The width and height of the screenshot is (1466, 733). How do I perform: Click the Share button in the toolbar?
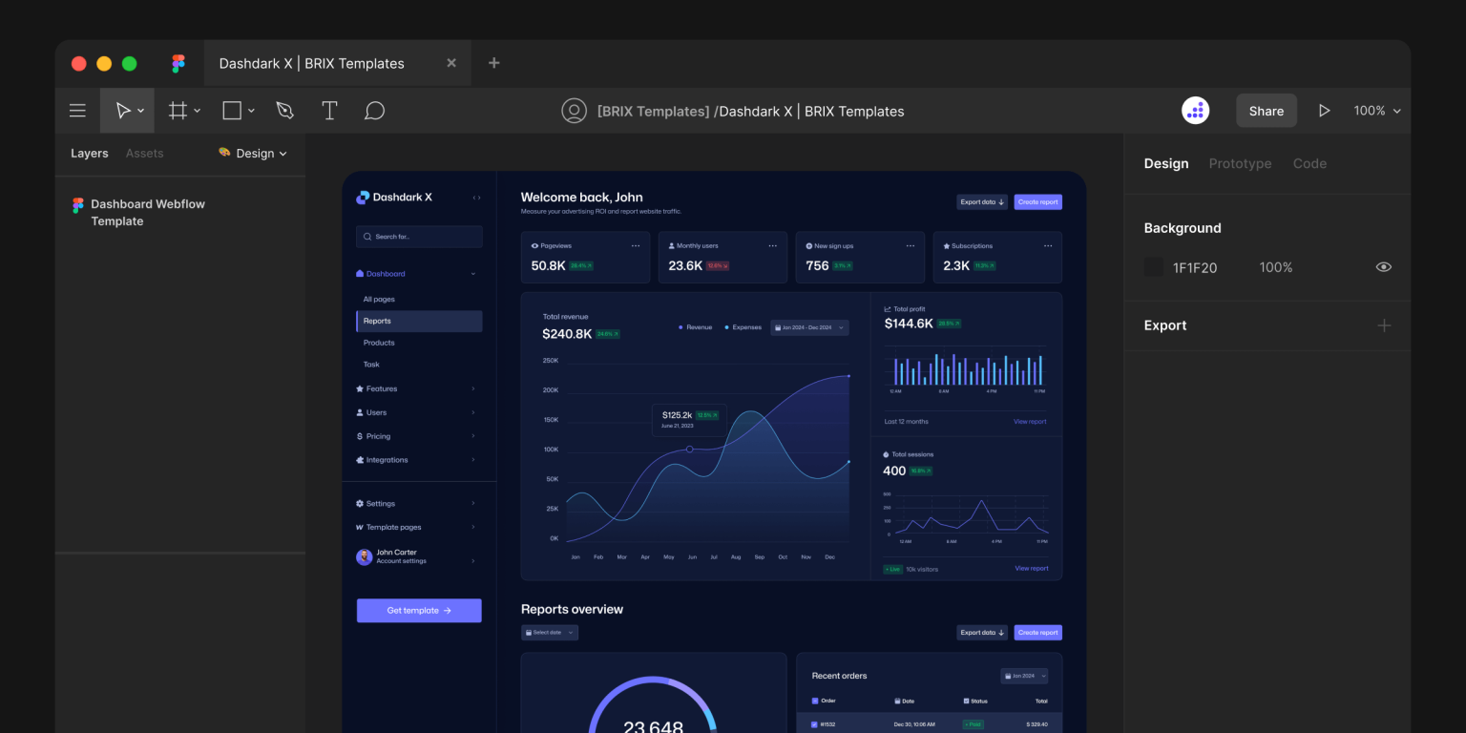pos(1266,111)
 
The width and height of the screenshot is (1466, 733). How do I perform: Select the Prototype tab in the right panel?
pos(1240,163)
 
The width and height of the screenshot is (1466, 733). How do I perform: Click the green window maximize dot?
pos(129,64)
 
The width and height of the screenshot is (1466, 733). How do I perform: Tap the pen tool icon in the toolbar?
pos(284,111)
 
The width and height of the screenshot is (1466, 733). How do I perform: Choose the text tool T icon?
pos(329,111)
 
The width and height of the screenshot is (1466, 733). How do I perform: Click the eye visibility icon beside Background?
pos(1383,267)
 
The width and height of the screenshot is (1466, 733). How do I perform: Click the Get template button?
pos(419,611)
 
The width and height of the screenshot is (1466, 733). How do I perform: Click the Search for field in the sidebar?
pos(419,237)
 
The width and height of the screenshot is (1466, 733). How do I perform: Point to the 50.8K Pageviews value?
pos(548,266)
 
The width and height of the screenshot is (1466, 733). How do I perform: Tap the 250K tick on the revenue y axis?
pos(551,361)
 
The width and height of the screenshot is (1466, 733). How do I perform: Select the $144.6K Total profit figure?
pos(909,324)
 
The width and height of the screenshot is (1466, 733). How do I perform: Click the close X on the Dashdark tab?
pos(451,63)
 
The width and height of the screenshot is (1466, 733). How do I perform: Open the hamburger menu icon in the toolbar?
pos(77,111)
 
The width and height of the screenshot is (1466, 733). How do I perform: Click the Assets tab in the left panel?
pos(144,154)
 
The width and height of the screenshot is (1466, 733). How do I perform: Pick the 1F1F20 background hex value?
pos(1194,268)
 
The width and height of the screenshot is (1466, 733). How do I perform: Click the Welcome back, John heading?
pos(581,198)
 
